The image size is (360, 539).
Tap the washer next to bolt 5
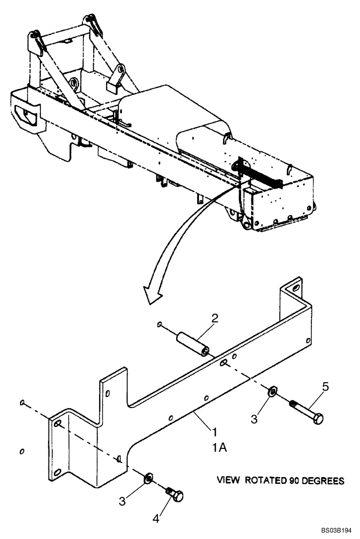tap(273, 390)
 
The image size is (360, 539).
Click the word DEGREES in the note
tap(322, 480)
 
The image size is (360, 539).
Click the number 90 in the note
tap(295, 480)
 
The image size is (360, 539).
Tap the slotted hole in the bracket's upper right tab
tap(294, 289)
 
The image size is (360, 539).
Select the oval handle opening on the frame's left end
tap(24, 114)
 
